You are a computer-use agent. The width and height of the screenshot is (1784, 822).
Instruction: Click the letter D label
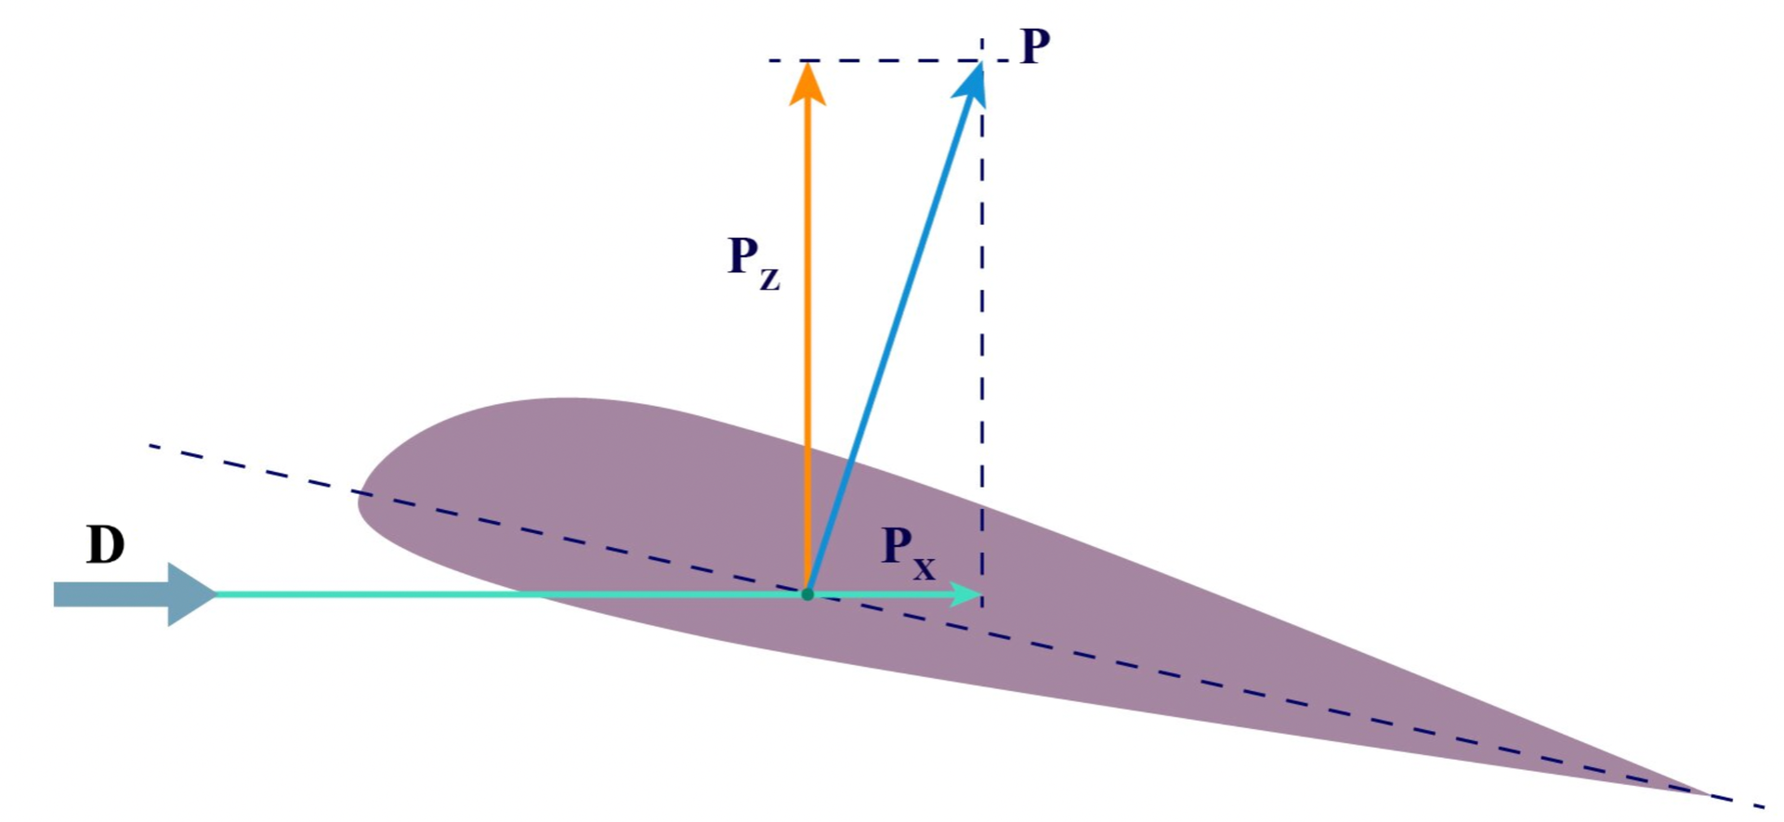pyautogui.click(x=106, y=545)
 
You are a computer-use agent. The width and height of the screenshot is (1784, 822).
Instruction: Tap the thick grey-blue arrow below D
pyautogui.click(x=135, y=594)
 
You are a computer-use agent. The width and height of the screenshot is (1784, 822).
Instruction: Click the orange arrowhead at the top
pyautogui.click(x=807, y=84)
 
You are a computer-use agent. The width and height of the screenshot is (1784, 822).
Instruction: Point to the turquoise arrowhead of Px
pyautogui.click(x=967, y=594)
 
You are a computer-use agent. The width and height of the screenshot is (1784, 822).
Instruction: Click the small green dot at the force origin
pyautogui.click(x=807, y=594)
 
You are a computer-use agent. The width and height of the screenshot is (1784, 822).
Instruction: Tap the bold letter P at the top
pyautogui.click(x=1035, y=46)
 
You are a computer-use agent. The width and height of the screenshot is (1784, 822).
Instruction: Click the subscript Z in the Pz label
pyautogui.click(x=769, y=279)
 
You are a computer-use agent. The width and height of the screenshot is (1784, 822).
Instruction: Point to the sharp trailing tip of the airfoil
pyautogui.click(x=1708, y=794)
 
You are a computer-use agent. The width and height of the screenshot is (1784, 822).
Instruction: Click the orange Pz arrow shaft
pyautogui.click(x=807, y=348)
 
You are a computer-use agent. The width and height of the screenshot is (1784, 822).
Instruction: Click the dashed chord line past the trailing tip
pyautogui.click(x=1738, y=801)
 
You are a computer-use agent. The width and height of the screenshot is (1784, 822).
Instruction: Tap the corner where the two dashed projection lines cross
pyautogui.click(x=982, y=61)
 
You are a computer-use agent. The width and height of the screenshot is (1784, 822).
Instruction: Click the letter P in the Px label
pyautogui.click(x=896, y=545)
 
